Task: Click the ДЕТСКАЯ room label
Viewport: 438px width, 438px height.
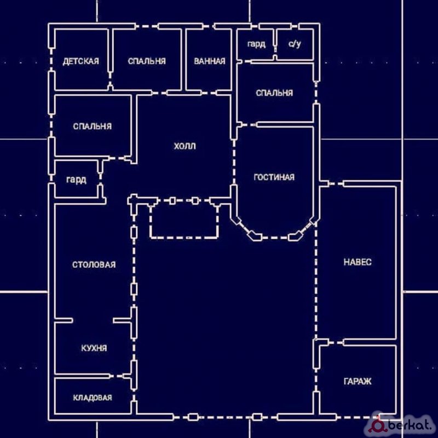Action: [80, 61]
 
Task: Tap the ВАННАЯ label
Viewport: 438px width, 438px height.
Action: [210, 61]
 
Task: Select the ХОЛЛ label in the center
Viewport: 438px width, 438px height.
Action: [185, 146]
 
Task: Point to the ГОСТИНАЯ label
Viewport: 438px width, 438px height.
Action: [274, 177]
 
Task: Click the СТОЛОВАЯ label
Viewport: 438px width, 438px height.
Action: [94, 264]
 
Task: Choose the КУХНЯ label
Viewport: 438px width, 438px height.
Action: [94, 348]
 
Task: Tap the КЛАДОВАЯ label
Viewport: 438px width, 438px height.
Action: [93, 397]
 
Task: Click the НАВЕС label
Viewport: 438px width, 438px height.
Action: [358, 262]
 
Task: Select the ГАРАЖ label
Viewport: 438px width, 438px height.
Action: [358, 381]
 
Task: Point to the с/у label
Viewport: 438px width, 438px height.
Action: [295, 44]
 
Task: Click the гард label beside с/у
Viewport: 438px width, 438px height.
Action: [256, 44]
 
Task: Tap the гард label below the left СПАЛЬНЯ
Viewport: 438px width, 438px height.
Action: [76, 180]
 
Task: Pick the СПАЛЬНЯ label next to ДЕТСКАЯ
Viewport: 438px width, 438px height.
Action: [147, 61]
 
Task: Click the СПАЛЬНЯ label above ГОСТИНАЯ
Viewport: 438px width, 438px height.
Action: [274, 93]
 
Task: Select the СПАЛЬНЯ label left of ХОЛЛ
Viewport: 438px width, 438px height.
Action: [92, 126]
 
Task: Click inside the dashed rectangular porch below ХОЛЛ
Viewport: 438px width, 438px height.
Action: [185, 221]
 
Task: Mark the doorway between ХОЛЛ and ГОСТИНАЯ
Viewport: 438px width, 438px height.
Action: [234, 162]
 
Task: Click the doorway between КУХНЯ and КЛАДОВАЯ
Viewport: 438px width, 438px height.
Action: [117, 376]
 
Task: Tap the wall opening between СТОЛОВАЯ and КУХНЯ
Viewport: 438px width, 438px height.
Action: [93, 320]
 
